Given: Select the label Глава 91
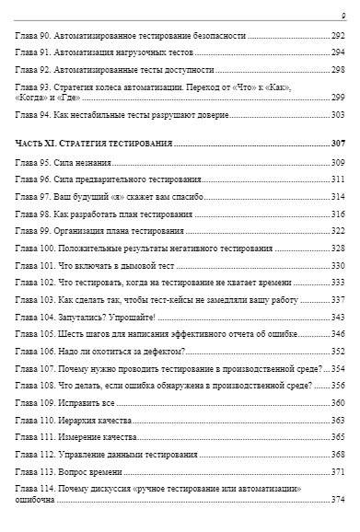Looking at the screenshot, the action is pyautogui.click(x=34, y=52).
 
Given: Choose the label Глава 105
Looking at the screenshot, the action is pyautogui.click(x=36, y=334).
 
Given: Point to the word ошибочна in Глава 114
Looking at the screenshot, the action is pyautogui.click(x=37, y=500).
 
